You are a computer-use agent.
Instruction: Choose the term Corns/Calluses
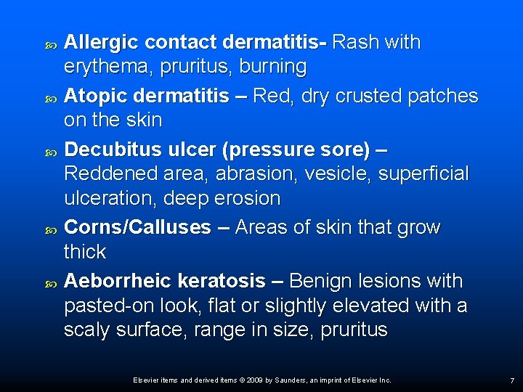[x=137, y=227]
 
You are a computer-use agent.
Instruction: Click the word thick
[x=85, y=253]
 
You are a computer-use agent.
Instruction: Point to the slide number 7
[x=512, y=380]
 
